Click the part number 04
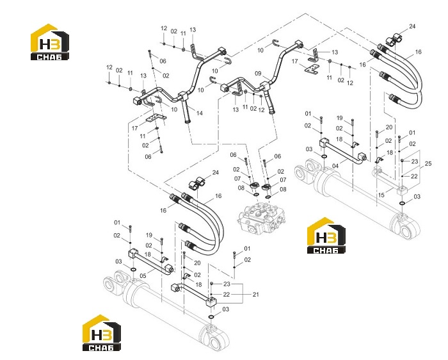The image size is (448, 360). pos(335,166)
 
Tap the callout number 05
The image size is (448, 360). pos(143,275)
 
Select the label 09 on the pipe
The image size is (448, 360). pos(258,74)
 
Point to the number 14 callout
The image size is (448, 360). pos(200,113)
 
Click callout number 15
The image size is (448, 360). pos(381,195)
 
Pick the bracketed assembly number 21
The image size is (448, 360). pos(255,294)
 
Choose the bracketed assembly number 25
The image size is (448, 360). pos(428,164)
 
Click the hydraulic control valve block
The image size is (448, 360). pos(261,218)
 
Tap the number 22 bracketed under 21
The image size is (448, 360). pos(227,294)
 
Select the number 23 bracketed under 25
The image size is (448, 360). pos(415,161)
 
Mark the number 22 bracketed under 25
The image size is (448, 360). pos(414,176)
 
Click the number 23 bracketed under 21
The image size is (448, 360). pos(227,284)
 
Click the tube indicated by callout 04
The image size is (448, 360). pos(343,151)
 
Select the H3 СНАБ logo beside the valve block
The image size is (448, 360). pos(326,235)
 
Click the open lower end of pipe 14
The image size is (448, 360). pos(188,122)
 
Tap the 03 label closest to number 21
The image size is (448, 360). pos(226,309)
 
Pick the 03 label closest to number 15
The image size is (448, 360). pos(417,197)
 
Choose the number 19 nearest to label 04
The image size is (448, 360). pos(339,118)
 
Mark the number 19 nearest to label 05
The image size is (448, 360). pos(149,235)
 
